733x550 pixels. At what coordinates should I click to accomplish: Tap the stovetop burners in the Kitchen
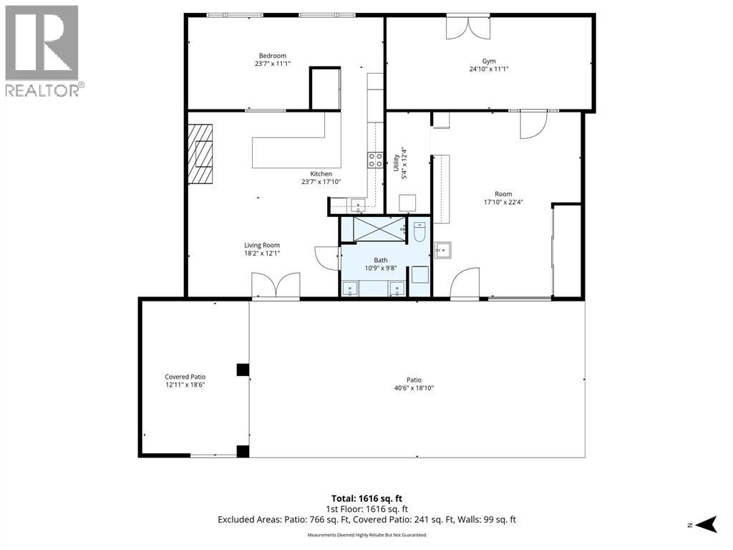[375, 160]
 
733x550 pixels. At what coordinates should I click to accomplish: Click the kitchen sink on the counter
[357, 206]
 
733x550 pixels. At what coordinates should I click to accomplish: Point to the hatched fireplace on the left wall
[201, 154]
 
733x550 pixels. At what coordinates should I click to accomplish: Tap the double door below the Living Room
[276, 285]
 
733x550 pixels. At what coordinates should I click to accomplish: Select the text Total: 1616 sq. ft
[366, 498]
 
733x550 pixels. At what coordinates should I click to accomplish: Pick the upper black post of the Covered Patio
[243, 370]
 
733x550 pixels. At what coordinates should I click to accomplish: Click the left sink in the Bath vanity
[351, 289]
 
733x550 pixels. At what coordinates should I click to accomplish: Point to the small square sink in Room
[443, 249]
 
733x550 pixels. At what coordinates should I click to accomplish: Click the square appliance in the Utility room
[408, 203]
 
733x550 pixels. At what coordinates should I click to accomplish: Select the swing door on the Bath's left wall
[326, 258]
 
